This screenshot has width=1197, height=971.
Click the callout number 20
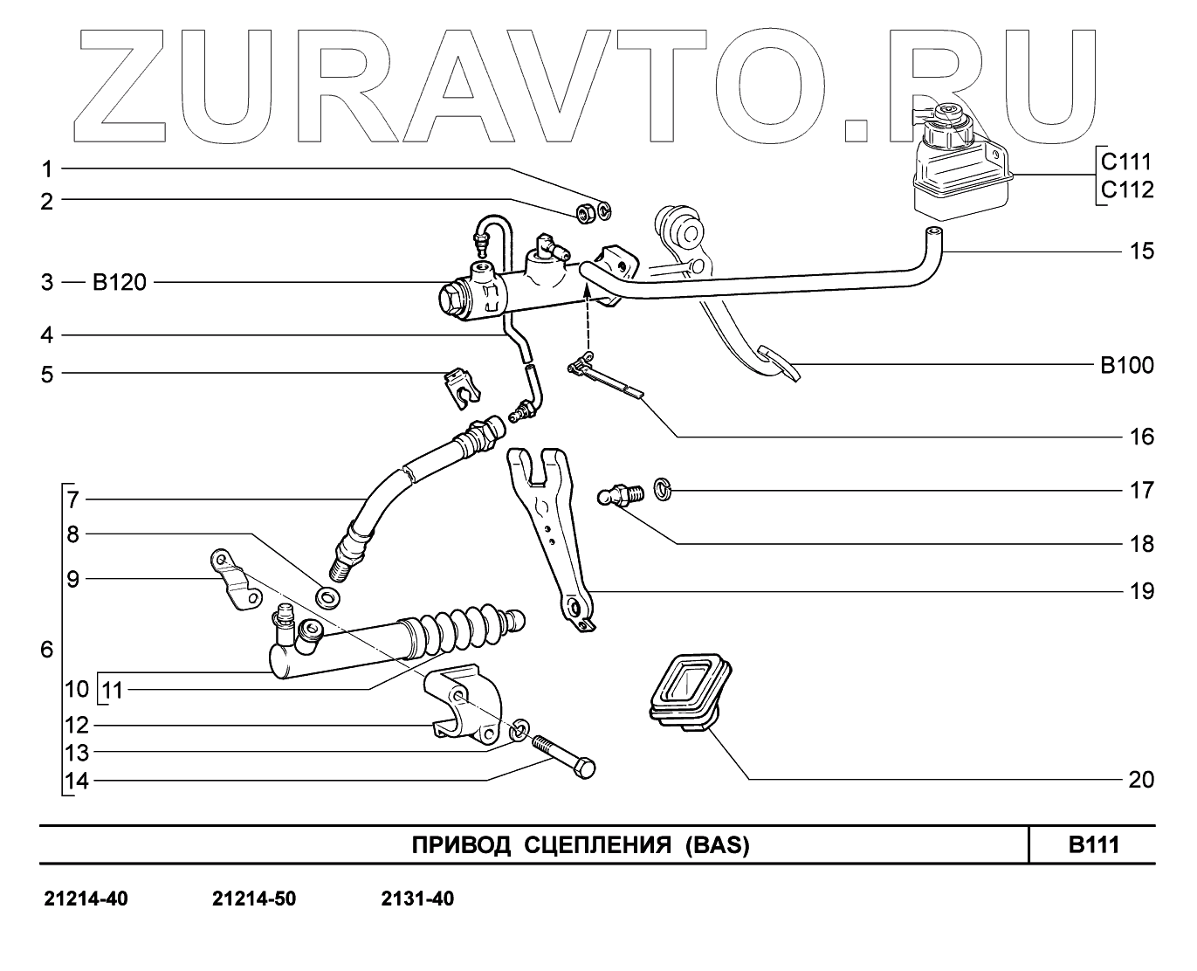point(1141,780)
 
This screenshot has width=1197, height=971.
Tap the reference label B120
point(120,283)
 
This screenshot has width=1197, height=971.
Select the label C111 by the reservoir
point(1127,162)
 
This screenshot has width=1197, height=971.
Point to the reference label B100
point(1127,365)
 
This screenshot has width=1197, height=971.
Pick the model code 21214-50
point(254,899)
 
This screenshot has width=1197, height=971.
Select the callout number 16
point(1141,436)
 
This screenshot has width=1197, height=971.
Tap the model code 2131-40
point(417,899)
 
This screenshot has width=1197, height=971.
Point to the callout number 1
point(49,169)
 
